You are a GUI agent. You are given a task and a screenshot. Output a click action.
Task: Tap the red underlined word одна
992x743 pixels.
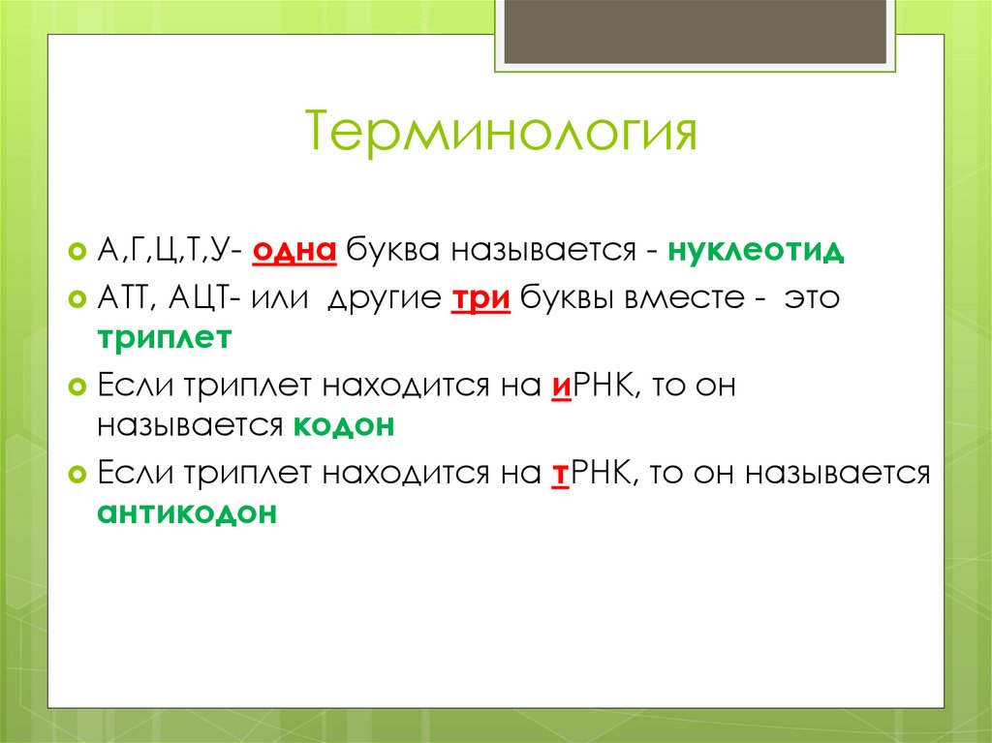coord(294,252)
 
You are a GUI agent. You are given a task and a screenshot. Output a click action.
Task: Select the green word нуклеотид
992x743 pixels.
coord(762,252)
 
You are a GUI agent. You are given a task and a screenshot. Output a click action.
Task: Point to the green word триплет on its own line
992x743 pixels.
coord(164,338)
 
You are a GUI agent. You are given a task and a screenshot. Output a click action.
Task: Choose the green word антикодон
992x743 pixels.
coord(186,513)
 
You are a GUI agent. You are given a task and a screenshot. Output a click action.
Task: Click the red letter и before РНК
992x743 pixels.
coord(558,386)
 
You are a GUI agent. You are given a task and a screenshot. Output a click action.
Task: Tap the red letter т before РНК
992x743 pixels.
coord(558,474)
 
